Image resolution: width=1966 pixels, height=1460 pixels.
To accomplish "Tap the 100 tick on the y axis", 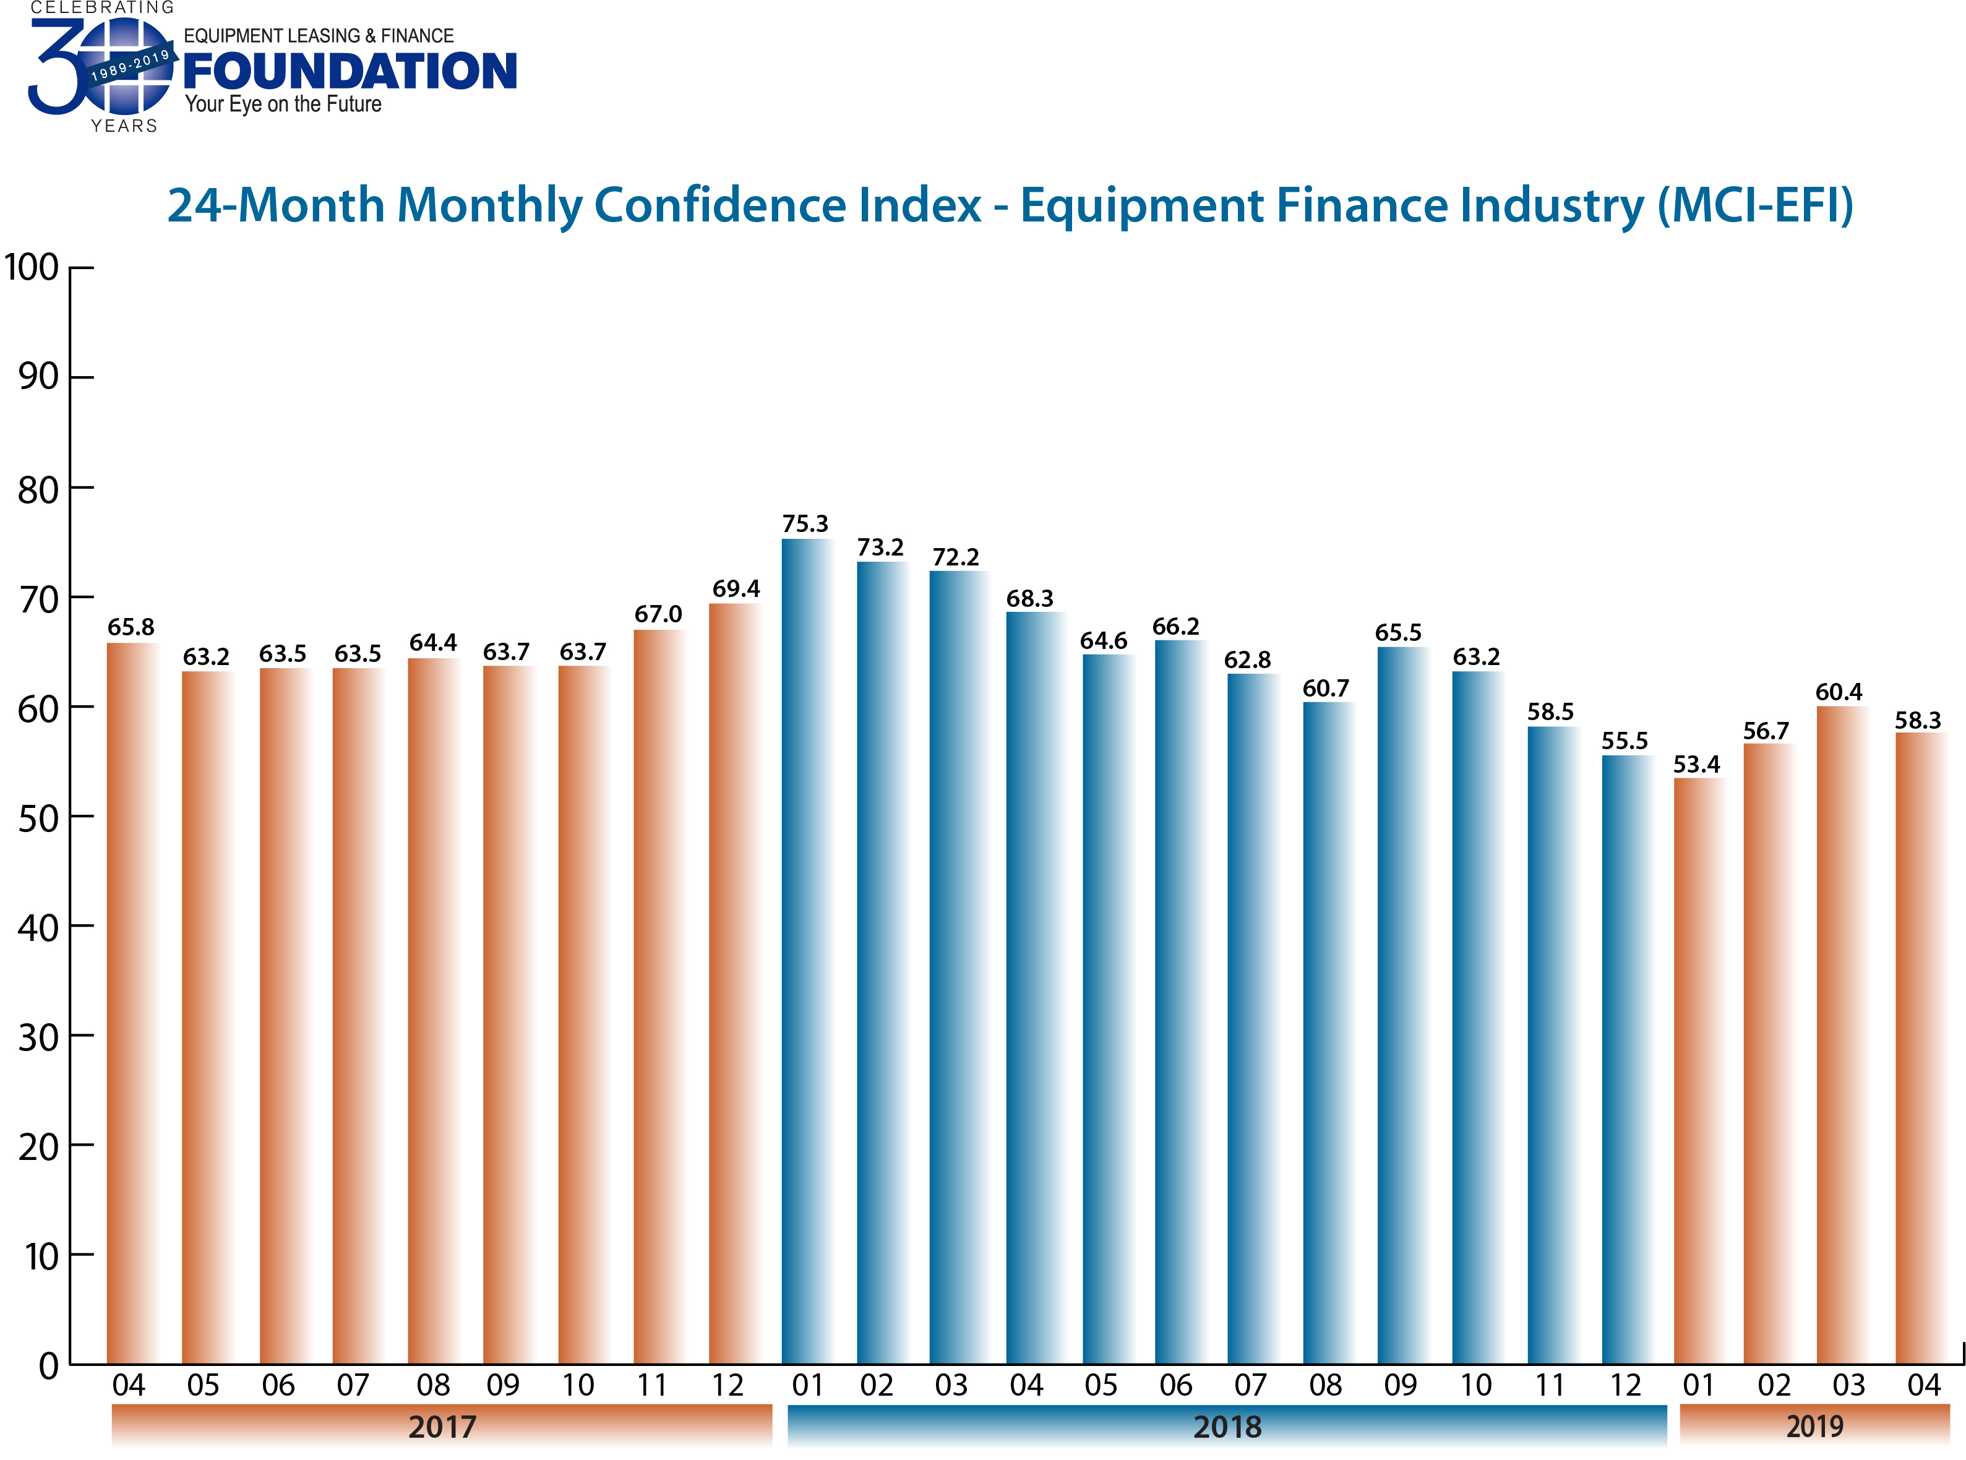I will coord(32,268).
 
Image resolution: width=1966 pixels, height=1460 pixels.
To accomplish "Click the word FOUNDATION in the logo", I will coord(350,72).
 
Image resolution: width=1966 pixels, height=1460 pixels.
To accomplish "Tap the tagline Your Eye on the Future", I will coord(283,105).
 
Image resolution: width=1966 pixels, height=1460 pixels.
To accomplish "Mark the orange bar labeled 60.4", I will coord(1840,1034).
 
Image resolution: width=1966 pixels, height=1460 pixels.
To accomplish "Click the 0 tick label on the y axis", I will coord(49,1367).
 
